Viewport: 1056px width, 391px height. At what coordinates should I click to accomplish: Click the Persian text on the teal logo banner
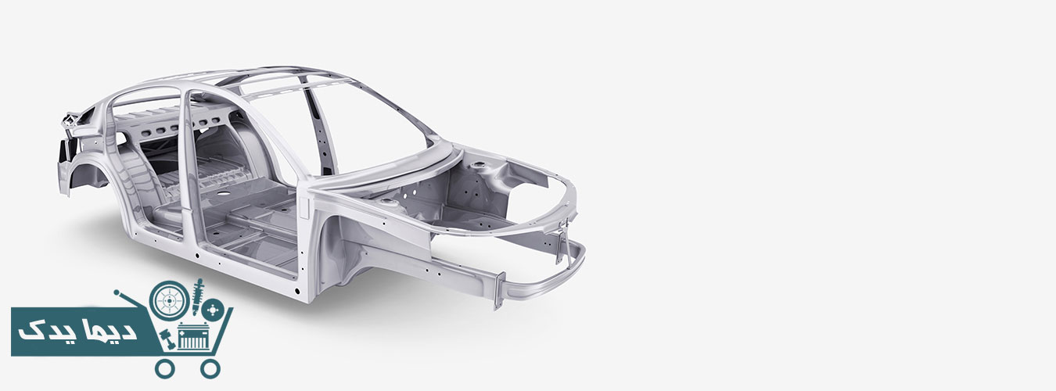(x=77, y=332)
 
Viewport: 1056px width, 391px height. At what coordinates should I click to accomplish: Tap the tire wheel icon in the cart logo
(x=169, y=300)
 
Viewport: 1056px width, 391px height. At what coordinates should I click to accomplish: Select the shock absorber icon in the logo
(x=198, y=297)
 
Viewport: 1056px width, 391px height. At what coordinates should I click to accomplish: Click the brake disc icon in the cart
(x=213, y=310)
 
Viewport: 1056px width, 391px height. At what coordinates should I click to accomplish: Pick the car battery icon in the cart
(x=193, y=336)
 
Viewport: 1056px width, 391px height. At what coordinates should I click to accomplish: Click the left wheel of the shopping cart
(x=164, y=368)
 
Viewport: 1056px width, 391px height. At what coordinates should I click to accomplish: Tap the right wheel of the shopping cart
(x=210, y=368)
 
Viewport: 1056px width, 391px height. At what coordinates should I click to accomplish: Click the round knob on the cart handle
(x=117, y=292)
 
